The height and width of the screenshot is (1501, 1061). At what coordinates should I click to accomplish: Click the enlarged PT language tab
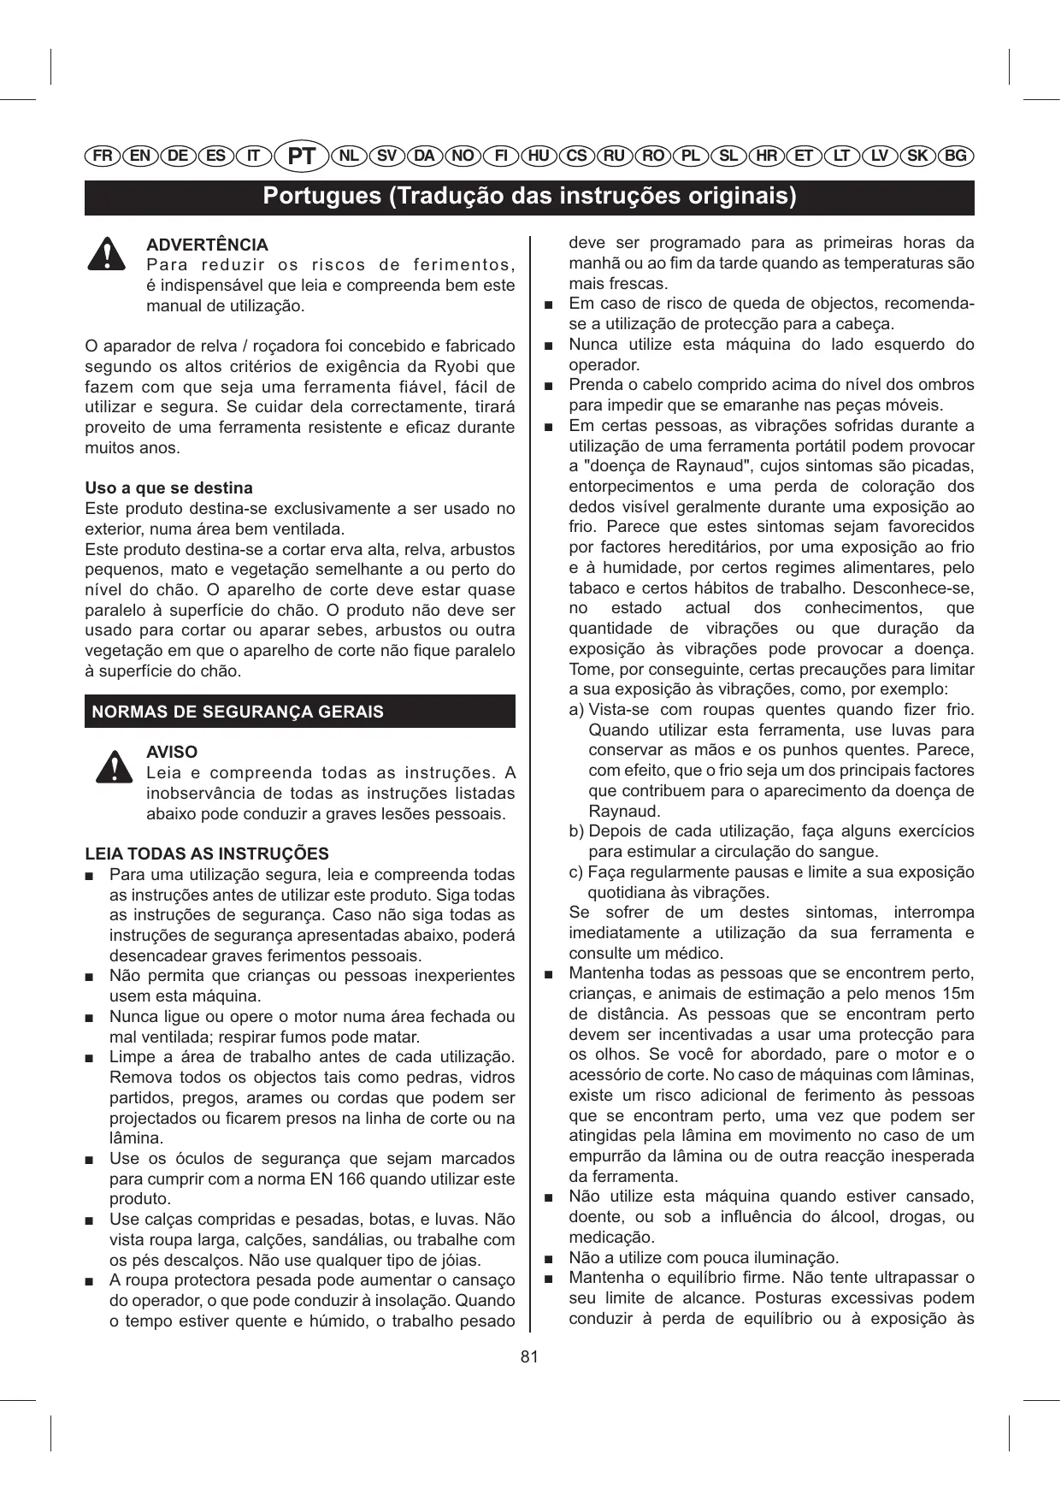pos(302,157)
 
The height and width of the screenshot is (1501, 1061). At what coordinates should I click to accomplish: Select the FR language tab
pos(103,156)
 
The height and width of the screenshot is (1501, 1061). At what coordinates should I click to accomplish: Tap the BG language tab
pos(956,156)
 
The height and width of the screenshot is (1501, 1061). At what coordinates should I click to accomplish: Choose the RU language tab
pos(614,156)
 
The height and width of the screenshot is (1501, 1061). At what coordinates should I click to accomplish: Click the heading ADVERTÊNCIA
pos(207,245)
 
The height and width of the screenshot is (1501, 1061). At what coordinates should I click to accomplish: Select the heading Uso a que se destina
pos(168,488)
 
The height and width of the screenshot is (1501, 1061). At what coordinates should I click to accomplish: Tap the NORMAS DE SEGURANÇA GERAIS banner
pos(299,712)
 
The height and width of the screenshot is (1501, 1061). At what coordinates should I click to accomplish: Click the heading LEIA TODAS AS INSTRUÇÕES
pos(206,854)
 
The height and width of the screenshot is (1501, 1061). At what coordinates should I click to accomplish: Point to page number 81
pos(529,1356)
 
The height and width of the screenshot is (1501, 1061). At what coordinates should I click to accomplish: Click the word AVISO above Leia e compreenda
pos(172,753)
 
